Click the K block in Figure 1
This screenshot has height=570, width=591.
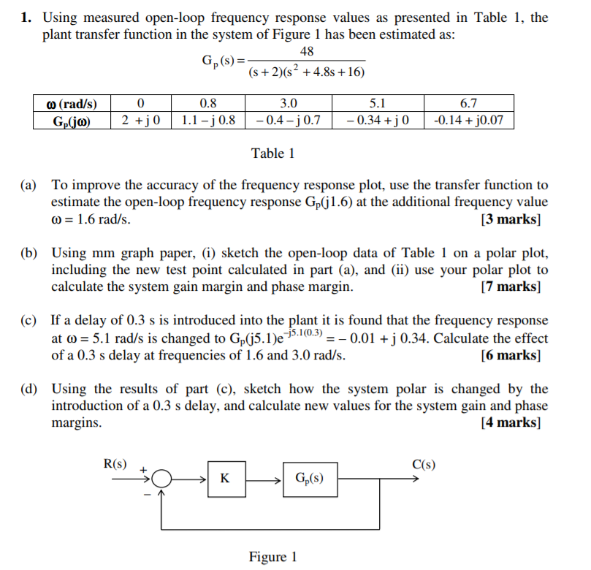(x=224, y=479)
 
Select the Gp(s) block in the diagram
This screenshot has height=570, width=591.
(x=310, y=479)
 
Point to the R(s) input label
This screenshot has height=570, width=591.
(x=115, y=463)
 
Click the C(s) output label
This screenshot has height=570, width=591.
(x=424, y=463)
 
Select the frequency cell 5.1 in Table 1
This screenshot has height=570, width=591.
(x=378, y=104)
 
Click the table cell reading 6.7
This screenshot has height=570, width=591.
(x=468, y=104)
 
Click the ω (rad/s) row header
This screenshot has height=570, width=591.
(x=72, y=104)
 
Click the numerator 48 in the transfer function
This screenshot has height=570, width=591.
(x=307, y=51)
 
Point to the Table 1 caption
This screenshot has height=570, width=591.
(x=272, y=153)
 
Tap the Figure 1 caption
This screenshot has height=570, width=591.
(x=272, y=557)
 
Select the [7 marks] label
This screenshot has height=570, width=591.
(x=511, y=286)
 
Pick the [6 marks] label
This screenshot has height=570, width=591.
(x=511, y=356)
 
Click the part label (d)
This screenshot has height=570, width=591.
(x=29, y=389)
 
